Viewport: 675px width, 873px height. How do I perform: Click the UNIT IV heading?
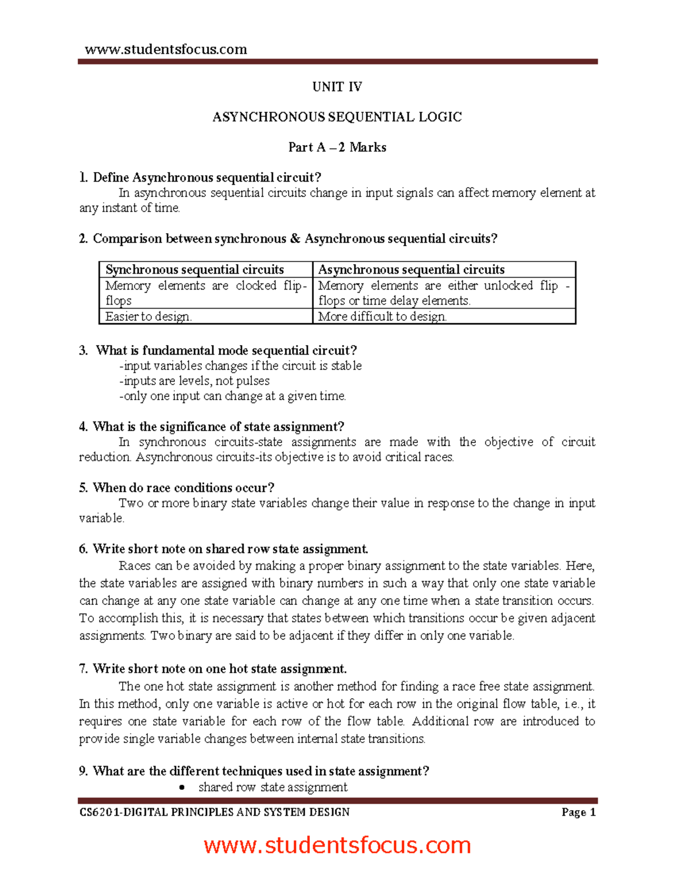pos(337,87)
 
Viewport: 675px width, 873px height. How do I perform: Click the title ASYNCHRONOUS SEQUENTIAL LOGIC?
pos(337,117)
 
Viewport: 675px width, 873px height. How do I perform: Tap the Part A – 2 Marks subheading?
pos(337,147)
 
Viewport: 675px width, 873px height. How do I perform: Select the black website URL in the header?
pos(166,49)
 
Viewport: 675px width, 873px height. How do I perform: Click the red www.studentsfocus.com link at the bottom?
pos(337,845)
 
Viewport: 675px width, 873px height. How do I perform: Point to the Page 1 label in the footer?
pos(578,812)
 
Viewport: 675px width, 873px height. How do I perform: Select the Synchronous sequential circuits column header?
pos(195,269)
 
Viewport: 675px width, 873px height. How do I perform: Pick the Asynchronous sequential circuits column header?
pos(411,269)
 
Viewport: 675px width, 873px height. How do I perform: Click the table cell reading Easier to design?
pos(148,316)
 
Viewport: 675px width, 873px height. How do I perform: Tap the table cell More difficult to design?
pos(382,316)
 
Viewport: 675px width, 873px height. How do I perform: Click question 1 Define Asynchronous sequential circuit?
pos(200,178)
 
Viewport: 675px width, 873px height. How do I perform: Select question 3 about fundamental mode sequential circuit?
pos(218,351)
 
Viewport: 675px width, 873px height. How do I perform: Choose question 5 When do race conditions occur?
pos(177,487)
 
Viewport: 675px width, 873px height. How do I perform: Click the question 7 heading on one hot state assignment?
pos(213,669)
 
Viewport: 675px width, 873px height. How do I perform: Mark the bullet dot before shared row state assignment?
pos(182,788)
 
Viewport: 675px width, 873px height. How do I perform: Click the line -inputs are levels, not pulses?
pos(194,381)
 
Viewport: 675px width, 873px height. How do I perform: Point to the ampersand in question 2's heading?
pos(295,239)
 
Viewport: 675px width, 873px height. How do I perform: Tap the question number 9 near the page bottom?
pos(83,771)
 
